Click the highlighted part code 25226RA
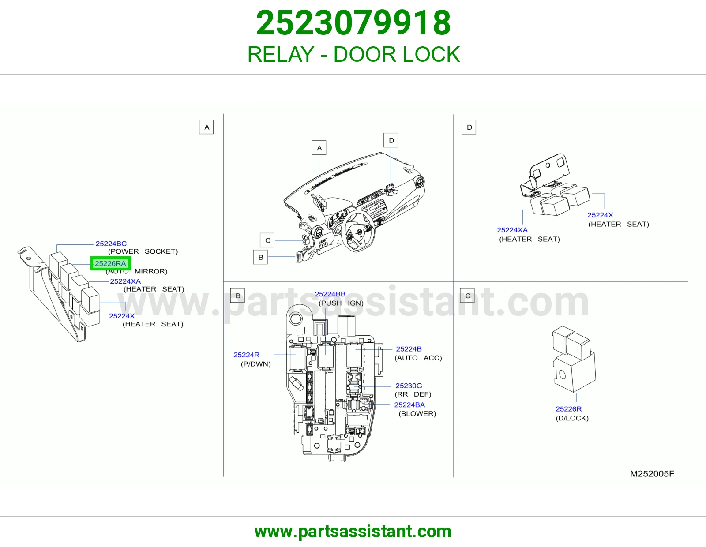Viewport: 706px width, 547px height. click(x=110, y=263)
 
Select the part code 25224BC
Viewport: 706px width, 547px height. click(x=111, y=244)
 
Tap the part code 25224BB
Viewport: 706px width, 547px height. click(x=330, y=294)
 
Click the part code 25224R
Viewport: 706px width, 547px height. click(x=246, y=355)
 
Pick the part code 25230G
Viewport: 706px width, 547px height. click(x=409, y=386)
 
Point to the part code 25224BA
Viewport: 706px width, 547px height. click(x=409, y=405)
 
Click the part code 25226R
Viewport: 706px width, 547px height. click(x=569, y=409)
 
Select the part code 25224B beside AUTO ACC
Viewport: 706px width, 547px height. click(x=409, y=349)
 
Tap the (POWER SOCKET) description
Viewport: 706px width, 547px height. click(x=143, y=251)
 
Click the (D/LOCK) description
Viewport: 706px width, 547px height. click(x=572, y=418)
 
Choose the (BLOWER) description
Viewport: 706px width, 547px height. click(x=417, y=413)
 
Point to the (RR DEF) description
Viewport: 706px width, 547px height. click(x=413, y=394)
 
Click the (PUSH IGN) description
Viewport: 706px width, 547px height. click(x=341, y=303)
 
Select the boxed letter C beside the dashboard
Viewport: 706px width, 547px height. click(x=267, y=240)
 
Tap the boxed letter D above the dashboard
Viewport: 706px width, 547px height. click(x=391, y=140)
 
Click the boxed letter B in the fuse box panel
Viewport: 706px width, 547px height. click(x=237, y=296)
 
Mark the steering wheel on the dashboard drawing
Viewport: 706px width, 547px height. click(x=358, y=231)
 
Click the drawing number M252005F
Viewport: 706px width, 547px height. click(x=652, y=474)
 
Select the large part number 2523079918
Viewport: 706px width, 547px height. click(x=353, y=23)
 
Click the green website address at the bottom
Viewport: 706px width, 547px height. click(x=353, y=532)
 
